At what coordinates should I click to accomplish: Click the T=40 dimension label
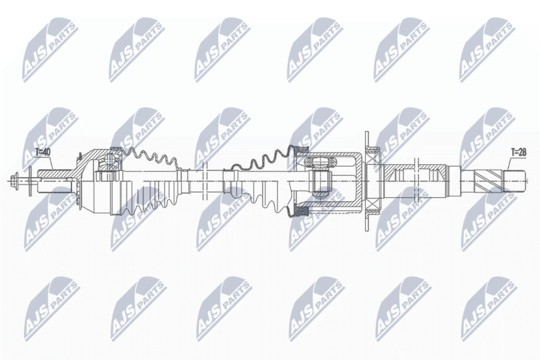click(44, 151)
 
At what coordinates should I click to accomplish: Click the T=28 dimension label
click(518, 152)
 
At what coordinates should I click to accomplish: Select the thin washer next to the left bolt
click(29, 180)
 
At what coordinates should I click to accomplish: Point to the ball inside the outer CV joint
click(110, 160)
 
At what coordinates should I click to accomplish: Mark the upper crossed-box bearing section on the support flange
click(373, 158)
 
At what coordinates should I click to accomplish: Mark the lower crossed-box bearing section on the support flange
click(373, 203)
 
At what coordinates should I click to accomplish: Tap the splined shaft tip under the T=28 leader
click(515, 180)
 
